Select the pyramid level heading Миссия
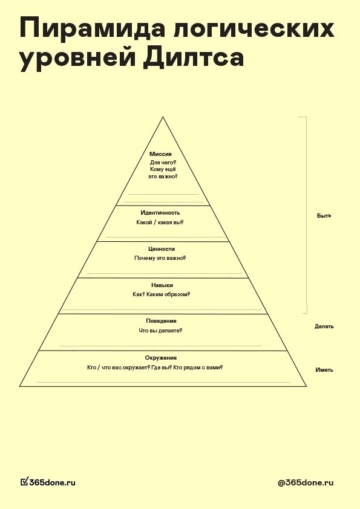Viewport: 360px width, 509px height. pos(160,154)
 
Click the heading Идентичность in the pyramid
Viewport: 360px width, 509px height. pos(160,213)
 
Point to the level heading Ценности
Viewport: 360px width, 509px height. pos(162,249)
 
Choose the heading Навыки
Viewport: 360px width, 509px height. pos(162,285)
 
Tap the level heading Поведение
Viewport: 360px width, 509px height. pos(161,321)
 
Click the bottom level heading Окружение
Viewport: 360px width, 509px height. pos(161,358)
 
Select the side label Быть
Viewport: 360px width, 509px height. pos(324,216)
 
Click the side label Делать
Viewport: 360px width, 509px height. pos(324,326)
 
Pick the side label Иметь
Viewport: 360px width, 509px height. pos(324,370)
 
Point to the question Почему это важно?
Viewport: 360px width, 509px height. pos(160,258)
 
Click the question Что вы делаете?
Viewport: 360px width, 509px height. pos(160,331)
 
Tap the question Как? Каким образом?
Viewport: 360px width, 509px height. pos(161,294)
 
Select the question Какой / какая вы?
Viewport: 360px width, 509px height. pos(160,222)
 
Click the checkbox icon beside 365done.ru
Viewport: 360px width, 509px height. pos(24,482)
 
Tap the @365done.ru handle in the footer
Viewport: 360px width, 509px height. pos(306,483)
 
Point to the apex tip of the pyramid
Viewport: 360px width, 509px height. pos(163,117)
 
